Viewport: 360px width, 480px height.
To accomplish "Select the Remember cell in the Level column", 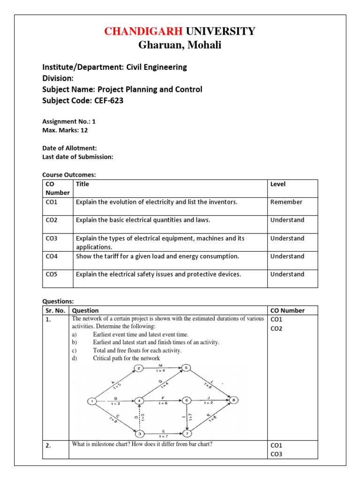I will coord(286,202).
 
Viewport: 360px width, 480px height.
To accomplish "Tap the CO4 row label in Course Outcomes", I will coord(52,256).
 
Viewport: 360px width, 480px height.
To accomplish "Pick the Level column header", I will coord(278,184).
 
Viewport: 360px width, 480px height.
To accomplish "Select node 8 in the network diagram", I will coord(234,400).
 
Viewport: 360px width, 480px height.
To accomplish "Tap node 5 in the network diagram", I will coord(186,368).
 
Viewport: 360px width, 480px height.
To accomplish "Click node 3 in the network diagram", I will coord(139,433).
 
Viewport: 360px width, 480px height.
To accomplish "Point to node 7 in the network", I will coord(187,433).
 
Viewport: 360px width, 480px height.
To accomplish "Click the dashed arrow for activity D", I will coord(139,417).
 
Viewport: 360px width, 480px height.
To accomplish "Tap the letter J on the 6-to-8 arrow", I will coord(210,398).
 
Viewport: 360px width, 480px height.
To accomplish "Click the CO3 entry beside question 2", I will coord(277,454).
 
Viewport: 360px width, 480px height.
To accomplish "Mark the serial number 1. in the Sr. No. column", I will coord(48,319).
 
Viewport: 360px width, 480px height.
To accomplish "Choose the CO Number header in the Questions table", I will coord(287,310).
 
